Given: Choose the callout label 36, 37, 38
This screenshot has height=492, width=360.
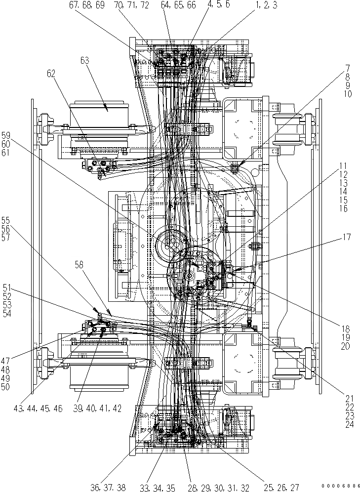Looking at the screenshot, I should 108,487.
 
